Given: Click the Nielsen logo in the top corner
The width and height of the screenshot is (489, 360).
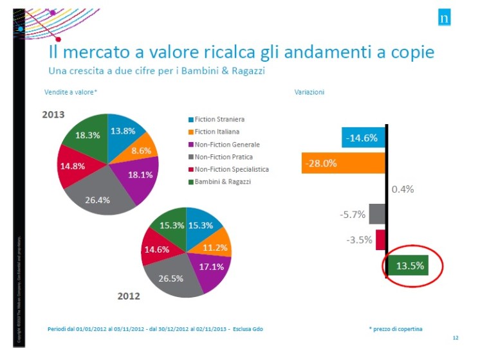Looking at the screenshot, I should pyautogui.click(x=444, y=18).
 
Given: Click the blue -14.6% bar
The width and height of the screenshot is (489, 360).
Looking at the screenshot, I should pyautogui.click(x=364, y=138).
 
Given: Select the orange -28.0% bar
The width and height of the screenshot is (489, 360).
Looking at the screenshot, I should pyautogui.click(x=343, y=163).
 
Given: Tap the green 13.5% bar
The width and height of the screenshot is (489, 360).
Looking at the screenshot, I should pyautogui.click(x=408, y=265).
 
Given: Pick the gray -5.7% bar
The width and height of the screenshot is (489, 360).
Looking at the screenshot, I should pyautogui.click(x=377, y=214).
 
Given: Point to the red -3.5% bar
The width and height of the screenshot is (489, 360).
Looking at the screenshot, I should pyautogui.click(x=380, y=239).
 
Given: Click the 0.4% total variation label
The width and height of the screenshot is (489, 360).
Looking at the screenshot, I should pyautogui.click(x=402, y=189).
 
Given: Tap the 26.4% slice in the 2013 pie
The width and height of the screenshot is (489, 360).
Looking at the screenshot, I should pyautogui.click(x=98, y=199).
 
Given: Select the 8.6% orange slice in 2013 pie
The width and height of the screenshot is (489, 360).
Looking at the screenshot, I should pyautogui.click(x=140, y=150).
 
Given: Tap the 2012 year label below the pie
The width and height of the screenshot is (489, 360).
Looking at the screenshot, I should pyautogui.click(x=129, y=296).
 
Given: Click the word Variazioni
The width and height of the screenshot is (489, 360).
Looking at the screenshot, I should pyautogui.click(x=309, y=92).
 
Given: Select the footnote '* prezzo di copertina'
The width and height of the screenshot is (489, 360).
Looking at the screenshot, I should pyautogui.click(x=396, y=328).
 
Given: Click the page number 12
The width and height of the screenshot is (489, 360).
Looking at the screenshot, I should pyautogui.click(x=455, y=337).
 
